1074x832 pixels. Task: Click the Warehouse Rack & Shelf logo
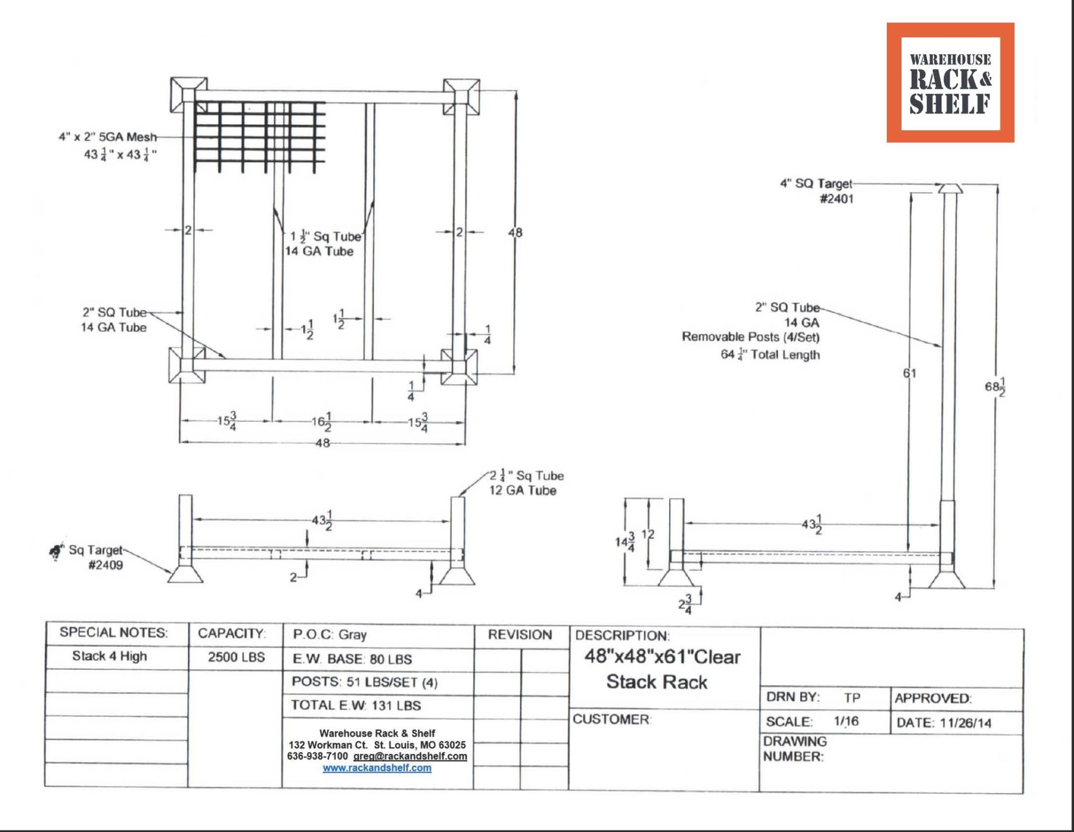(x=950, y=82)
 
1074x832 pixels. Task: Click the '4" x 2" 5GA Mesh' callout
(x=108, y=137)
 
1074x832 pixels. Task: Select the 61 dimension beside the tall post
(x=909, y=373)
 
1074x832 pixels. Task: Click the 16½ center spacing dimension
(x=321, y=421)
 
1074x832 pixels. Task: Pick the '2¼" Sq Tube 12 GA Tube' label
(x=526, y=483)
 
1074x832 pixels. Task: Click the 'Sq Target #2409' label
(x=94, y=557)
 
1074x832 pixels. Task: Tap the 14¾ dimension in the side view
(x=625, y=542)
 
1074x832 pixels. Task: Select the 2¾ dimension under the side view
(x=684, y=605)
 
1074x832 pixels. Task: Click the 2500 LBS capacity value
(x=236, y=657)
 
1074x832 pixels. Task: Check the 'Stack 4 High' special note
(x=110, y=656)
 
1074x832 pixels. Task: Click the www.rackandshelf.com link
(x=377, y=768)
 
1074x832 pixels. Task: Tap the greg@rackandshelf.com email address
(x=410, y=756)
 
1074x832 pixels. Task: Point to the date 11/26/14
(x=965, y=723)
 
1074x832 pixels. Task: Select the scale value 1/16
(x=846, y=721)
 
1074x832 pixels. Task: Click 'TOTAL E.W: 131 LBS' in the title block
(x=356, y=705)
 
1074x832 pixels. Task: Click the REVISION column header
(x=520, y=635)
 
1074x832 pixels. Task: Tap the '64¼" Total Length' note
(x=769, y=355)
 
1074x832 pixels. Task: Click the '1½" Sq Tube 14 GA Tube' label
(x=321, y=244)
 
